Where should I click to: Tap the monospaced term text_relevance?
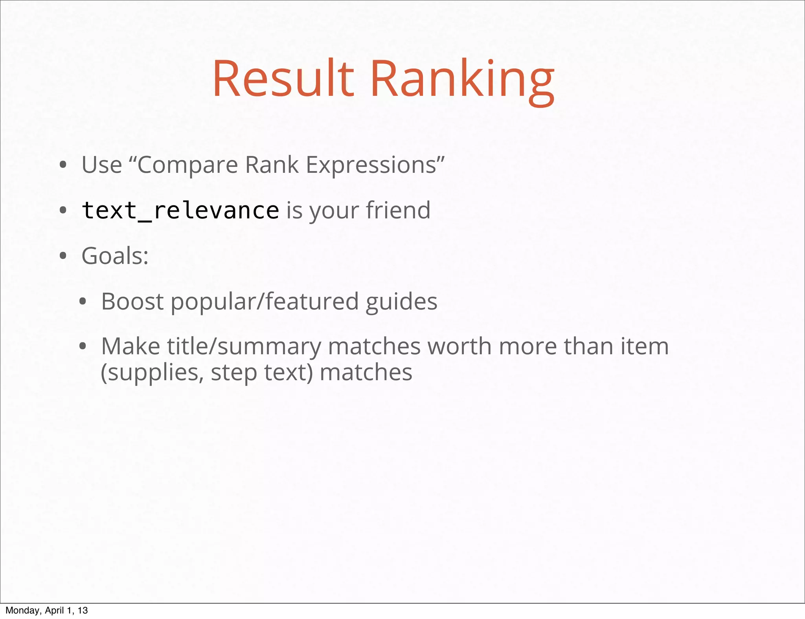pos(180,211)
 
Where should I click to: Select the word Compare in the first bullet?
pos(187,165)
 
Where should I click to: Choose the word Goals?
pos(115,256)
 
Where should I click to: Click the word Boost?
pos(132,301)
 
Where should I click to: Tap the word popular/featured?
pos(264,301)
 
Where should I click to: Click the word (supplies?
pos(152,372)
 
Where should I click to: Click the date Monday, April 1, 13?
pos(46,610)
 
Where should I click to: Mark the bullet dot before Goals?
pos(63,256)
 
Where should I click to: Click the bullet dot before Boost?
pos(83,302)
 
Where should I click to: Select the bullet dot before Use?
pos(63,165)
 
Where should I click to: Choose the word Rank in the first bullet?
pos(272,165)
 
